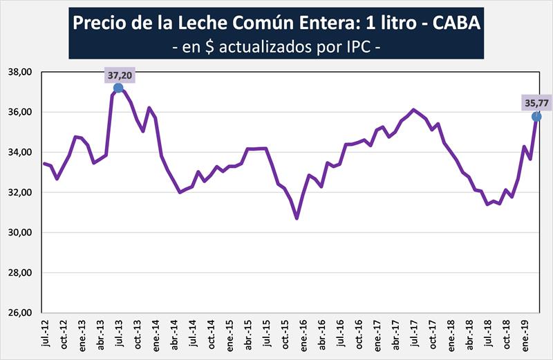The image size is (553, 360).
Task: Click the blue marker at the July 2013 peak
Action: click(x=118, y=88)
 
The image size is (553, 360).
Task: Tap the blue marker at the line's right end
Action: click(x=536, y=116)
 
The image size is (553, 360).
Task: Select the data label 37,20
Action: click(x=119, y=74)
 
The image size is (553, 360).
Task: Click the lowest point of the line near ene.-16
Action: click(x=297, y=218)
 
